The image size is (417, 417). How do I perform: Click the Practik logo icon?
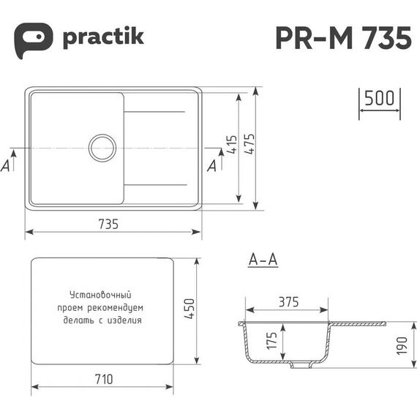pyautogui.click(x=33, y=40)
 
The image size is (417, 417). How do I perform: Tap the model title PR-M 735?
pyautogui.click(x=344, y=38)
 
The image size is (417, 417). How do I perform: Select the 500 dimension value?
pyautogui.click(x=380, y=98)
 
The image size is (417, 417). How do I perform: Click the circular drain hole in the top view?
pyautogui.click(x=102, y=148)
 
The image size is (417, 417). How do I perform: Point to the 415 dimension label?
pyautogui.click(x=232, y=144)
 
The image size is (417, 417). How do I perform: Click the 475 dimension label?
pyautogui.click(x=249, y=144)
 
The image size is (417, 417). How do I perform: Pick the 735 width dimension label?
pyautogui.click(x=108, y=224)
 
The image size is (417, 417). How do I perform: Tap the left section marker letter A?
pyautogui.click(x=5, y=165)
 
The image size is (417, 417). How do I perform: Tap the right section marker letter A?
pyautogui.click(x=212, y=166)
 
